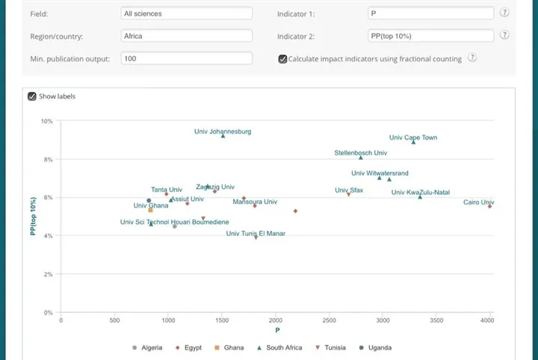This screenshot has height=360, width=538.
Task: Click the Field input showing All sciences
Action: click(x=186, y=13)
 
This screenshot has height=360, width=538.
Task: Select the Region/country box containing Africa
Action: click(x=186, y=36)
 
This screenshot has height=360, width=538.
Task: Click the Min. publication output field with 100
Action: click(x=186, y=58)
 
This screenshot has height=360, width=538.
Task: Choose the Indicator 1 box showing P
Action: click(x=430, y=13)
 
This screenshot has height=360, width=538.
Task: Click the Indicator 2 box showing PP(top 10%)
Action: click(x=430, y=36)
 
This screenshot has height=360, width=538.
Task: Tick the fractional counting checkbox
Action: click(x=282, y=59)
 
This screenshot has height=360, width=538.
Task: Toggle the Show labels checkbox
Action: click(x=32, y=96)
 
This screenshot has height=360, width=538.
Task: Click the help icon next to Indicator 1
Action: click(x=504, y=13)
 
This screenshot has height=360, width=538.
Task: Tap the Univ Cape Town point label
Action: click(x=413, y=137)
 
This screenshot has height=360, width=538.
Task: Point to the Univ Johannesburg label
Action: click(x=223, y=131)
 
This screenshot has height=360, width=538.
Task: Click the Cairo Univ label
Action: click(x=478, y=202)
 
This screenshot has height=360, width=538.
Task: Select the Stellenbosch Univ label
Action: click(x=360, y=153)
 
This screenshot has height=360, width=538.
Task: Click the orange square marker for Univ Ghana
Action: click(x=150, y=211)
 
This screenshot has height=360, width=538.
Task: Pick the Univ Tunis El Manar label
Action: click(x=256, y=234)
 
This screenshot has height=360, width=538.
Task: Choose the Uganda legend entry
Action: click(x=376, y=347)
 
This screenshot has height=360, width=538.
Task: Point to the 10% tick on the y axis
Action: click(x=46, y=121)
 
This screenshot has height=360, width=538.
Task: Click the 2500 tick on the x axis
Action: click(x=329, y=320)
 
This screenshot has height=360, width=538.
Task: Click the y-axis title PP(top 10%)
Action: click(x=33, y=217)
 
